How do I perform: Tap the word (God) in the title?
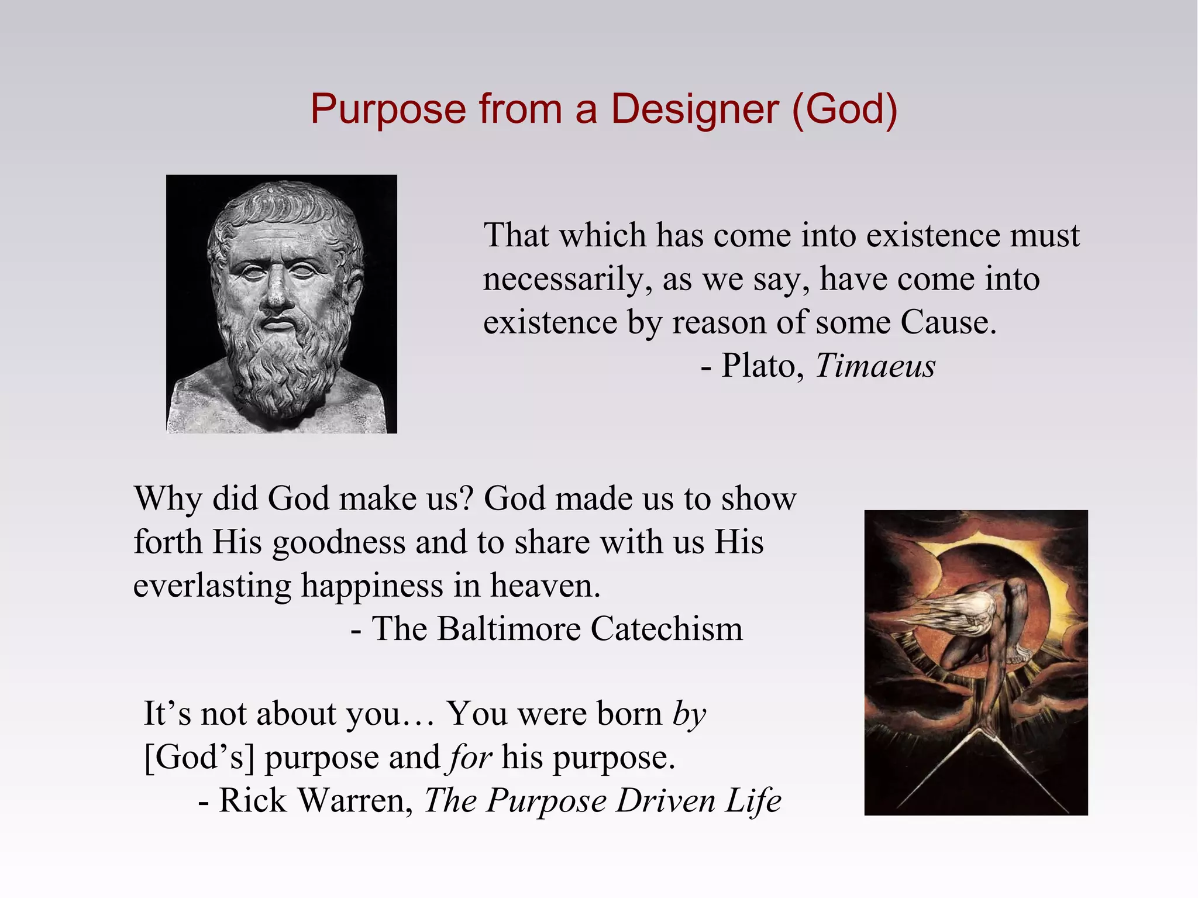(844, 109)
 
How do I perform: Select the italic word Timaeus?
(875, 366)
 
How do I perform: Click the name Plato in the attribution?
(759, 366)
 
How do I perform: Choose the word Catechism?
(667, 629)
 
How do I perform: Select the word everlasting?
(212, 586)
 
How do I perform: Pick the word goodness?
(339, 543)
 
